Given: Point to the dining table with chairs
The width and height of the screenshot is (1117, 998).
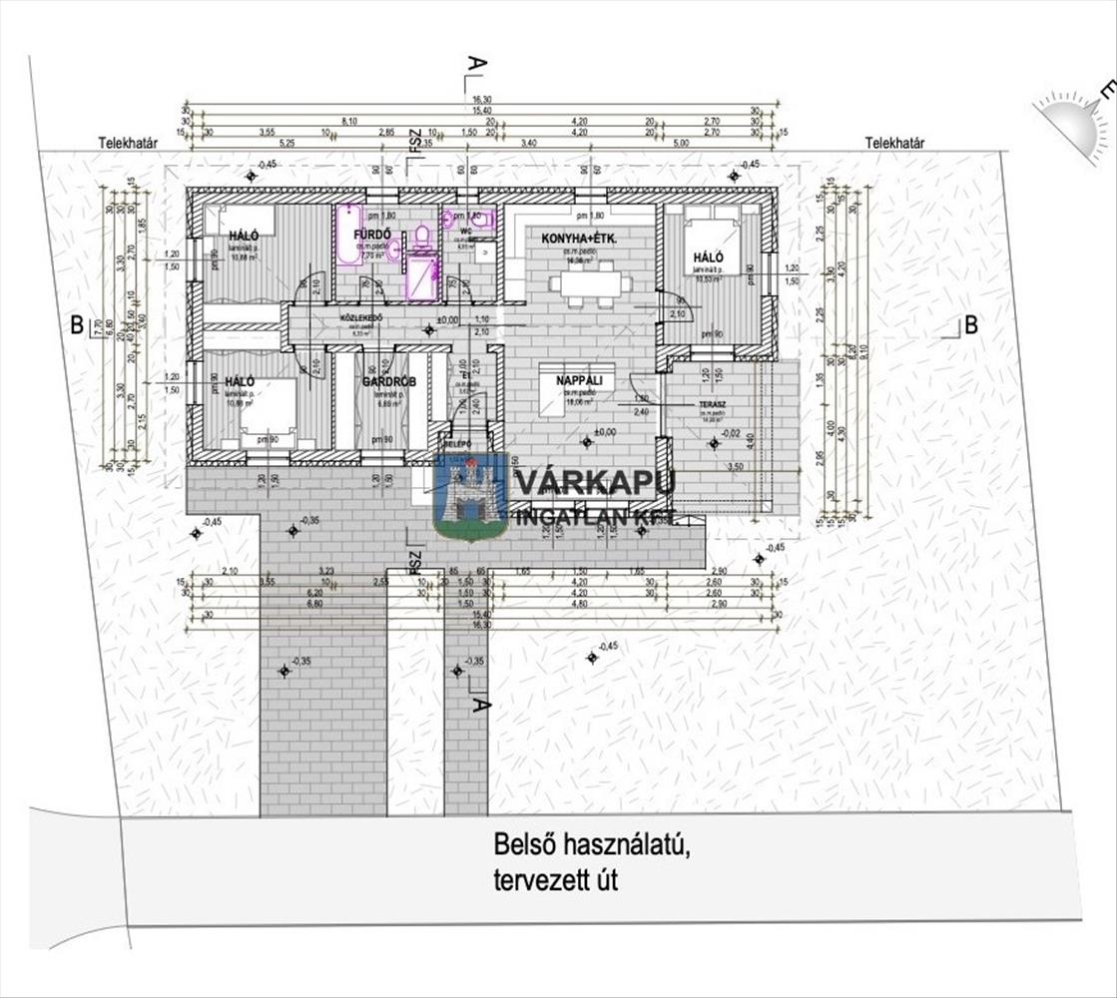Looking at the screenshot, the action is [595, 285].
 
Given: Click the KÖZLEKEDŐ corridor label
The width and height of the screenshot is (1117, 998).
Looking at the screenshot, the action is [362, 318].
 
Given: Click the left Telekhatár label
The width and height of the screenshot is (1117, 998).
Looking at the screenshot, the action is [129, 143].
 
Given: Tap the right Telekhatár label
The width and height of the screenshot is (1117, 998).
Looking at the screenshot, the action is [894, 143].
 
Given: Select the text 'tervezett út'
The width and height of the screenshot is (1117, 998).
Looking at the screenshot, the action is [555, 881].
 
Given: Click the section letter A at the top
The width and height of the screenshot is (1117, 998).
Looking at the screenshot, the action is [477, 64].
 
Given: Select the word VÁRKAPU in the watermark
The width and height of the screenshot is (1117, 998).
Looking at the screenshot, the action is [595, 481].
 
